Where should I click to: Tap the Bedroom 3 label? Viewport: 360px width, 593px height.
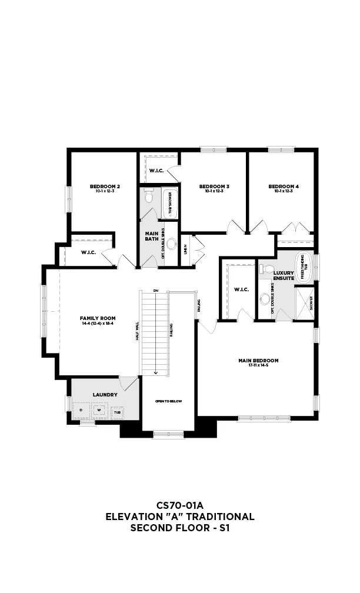[x=214, y=186]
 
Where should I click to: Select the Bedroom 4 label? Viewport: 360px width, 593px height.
[x=284, y=186]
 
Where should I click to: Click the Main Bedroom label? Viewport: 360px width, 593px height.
[x=258, y=361]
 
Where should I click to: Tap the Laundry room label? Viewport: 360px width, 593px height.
[x=105, y=395]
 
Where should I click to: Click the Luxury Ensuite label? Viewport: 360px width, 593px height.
[x=284, y=275]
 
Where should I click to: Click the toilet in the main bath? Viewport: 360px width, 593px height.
[x=149, y=195]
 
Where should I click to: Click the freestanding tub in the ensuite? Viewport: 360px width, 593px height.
[x=304, y=266]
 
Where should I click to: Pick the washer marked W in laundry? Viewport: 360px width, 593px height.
[x=99, y=409]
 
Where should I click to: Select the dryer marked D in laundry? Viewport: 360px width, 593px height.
[x=81, y=409]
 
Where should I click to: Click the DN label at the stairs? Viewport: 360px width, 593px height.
[x=155, y=291]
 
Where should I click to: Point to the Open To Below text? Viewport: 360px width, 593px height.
[x=168, y=401]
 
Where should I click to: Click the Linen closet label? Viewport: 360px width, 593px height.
[x=185, y=250]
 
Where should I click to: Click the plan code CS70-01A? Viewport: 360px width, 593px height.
[x=179, y=505]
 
